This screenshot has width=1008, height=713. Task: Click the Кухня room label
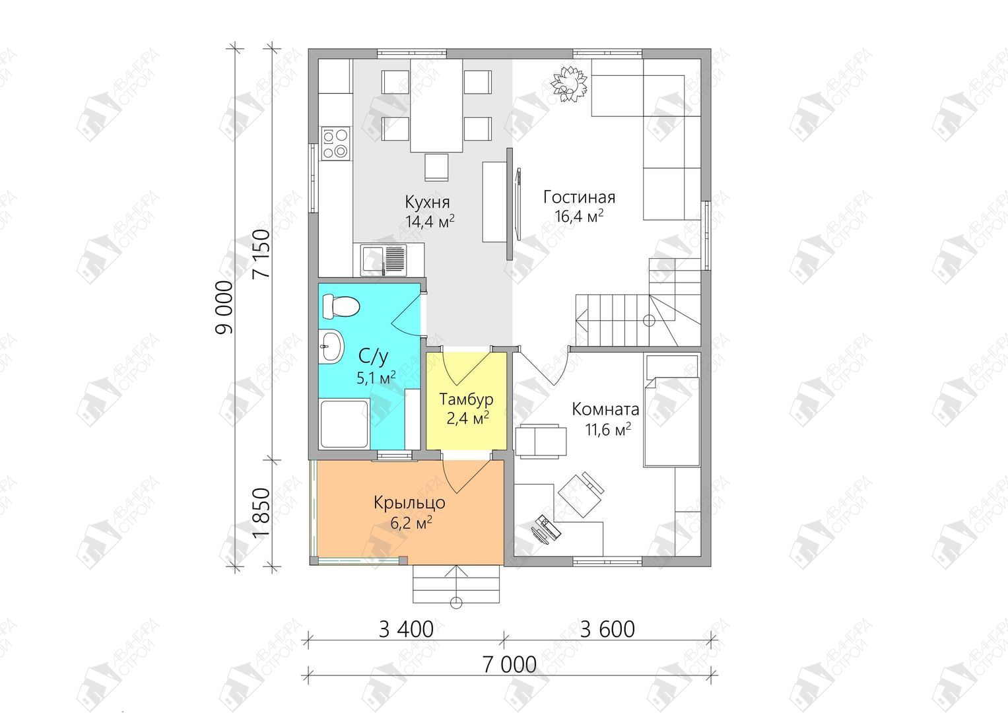(x=427, y=202)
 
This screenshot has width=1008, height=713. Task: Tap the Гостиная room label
(x=579, y=197)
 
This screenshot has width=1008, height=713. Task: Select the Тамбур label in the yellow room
(x=466, y=399)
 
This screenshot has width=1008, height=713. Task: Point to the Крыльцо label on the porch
(x=409, y=502)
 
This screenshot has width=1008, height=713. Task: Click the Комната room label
(x=605, y=409)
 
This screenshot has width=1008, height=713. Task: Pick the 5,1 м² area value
(x=376, y=377)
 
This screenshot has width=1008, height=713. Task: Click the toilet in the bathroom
(x=341, y=306)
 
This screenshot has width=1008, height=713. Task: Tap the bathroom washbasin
(x=331, y=345)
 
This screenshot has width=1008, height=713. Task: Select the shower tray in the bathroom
(x=344, y=424)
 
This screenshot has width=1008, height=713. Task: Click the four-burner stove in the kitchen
(x=335, y=143)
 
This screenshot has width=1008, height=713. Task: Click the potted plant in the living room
(x=569, y=85)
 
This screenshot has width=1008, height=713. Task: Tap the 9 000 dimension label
(x=224, y=307)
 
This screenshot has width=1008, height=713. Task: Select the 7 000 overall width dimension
(x=510, y=665)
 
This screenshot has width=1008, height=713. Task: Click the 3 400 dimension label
(x=406, y=629)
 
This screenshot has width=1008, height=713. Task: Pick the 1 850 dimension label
(x=262, y=513)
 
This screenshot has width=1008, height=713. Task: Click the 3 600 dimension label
(x=607, y=629)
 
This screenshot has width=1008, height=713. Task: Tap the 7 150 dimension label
(x=262, y=254)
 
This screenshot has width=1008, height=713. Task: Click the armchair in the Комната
(x=541, y=441)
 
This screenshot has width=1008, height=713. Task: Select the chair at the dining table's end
(x=436, y=168)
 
